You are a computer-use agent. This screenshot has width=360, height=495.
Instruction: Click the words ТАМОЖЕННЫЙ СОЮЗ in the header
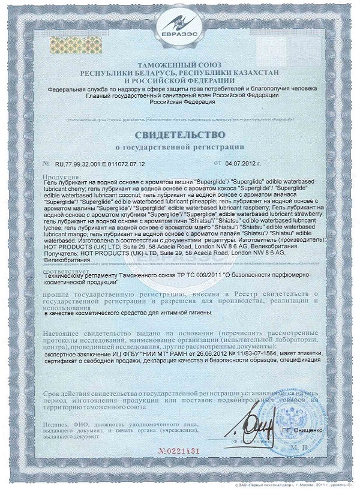pyautogui.click(x=180, y=64)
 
